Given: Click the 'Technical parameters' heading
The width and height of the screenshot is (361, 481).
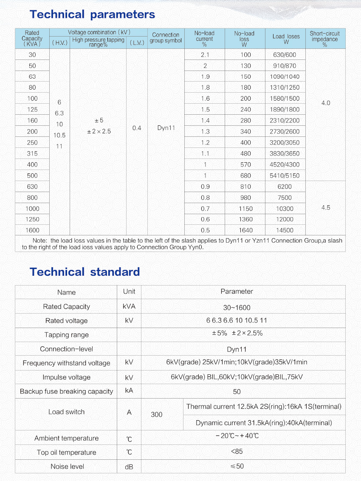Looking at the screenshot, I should (92, 14).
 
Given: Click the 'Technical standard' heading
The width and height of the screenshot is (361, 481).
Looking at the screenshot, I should (85, 272).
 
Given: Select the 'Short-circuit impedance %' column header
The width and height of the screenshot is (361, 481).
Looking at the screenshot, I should (325, 39).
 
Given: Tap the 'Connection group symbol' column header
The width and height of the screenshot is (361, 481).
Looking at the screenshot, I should (166, 38).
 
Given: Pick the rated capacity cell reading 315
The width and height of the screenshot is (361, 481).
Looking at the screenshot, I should (32, 153).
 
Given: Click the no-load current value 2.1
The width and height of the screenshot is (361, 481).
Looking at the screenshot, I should (205, 55).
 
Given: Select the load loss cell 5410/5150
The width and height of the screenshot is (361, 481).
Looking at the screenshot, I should (285, 175).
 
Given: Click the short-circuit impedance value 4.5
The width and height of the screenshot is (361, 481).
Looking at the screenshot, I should (326, 208).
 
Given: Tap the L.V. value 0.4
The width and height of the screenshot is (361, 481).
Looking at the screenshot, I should (137, 128).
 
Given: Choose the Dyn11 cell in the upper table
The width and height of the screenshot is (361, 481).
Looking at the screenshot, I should (166, 128).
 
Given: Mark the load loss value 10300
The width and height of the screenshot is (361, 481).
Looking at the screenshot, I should (285, 209).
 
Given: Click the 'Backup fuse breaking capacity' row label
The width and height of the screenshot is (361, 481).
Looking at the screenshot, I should (67, 391).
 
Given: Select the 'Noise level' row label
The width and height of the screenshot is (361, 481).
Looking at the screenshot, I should (67, 467).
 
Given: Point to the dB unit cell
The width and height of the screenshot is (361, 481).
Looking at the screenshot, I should (129, 467).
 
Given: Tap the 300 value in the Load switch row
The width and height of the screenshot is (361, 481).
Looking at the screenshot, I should (157, 414).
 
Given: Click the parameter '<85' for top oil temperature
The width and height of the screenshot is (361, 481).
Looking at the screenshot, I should (237, 452).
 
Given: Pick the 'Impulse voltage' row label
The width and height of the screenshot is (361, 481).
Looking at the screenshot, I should (67, 377).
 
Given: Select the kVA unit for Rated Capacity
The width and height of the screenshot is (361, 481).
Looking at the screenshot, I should (129, 306).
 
